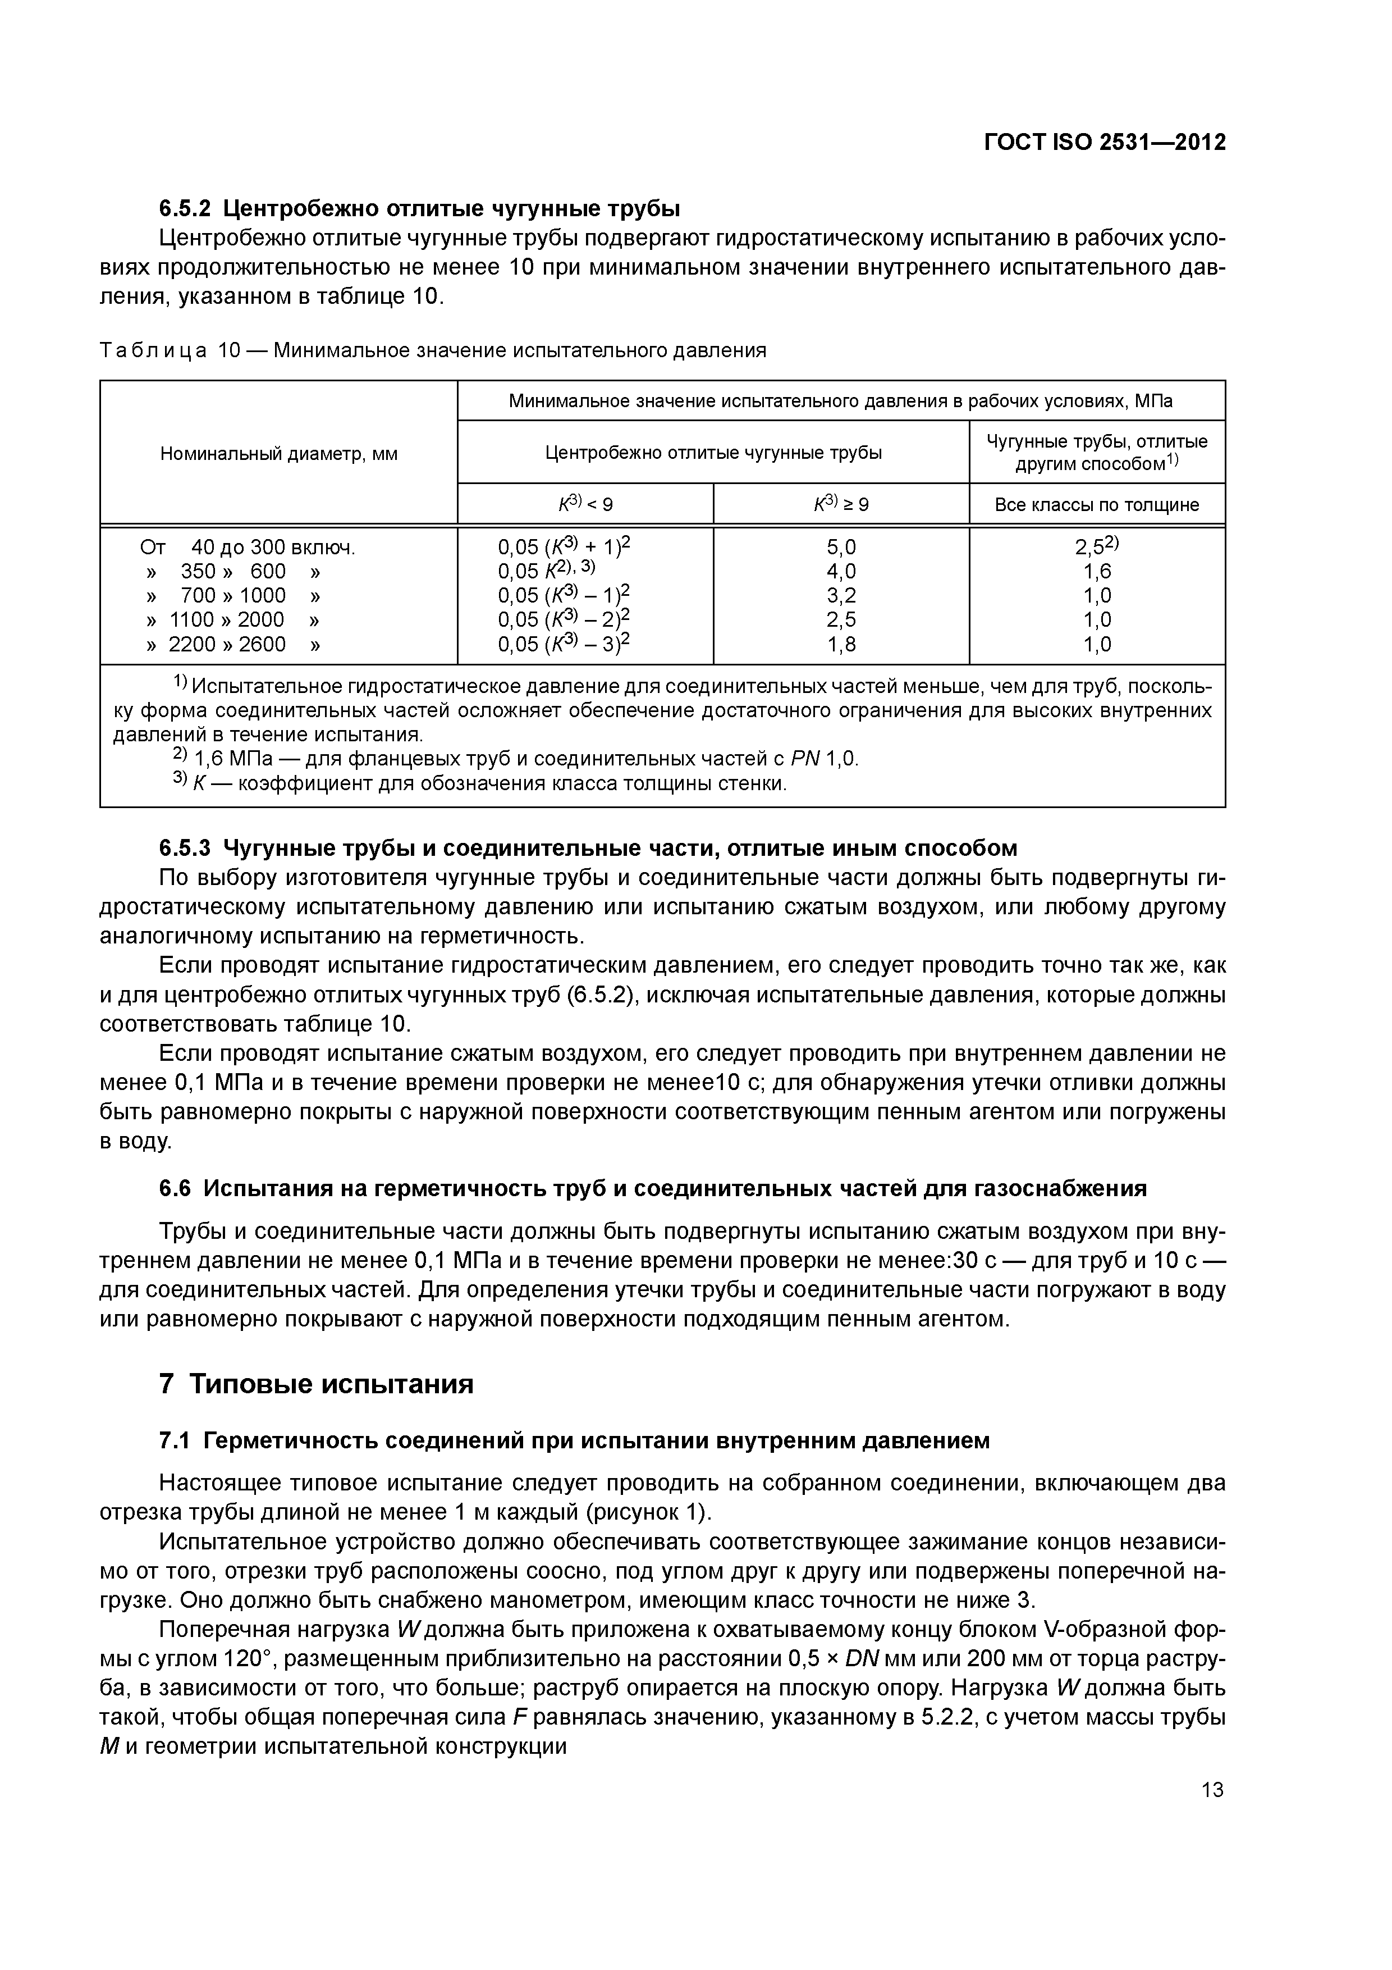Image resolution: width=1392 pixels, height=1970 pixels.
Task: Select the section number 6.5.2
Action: pyautogui.click(x=185, y=208)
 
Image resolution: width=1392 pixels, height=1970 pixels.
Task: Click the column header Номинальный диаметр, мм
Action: pyautogui.click(x=279, y=454)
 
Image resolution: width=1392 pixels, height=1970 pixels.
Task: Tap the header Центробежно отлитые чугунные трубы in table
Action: pyautogui.click(x=713, y=452)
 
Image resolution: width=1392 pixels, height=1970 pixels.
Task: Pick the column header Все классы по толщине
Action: pyautogui.click(x=1096, y=504)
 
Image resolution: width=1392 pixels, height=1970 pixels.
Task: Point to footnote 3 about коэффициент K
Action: pyautogui.click(x=480, y=783)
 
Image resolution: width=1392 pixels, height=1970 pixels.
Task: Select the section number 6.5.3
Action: pyautogui.click(x=185, y=849)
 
